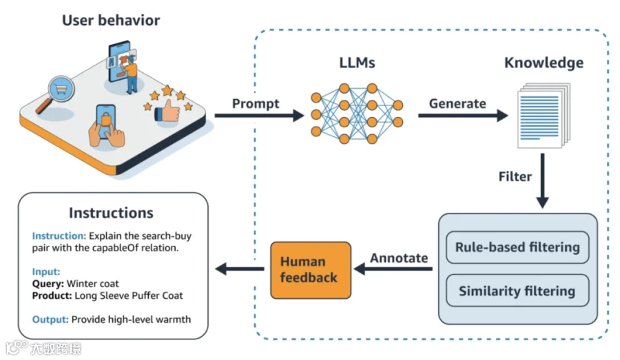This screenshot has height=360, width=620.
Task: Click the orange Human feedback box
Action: point(310,270)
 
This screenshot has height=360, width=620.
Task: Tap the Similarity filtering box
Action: point(517,290)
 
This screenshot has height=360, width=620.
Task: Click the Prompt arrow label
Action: point(256,104)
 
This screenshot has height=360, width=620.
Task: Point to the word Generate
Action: point(457,104)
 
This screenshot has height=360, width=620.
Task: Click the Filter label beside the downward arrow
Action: point(515,177)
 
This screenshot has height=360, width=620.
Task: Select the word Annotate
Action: point(399,258)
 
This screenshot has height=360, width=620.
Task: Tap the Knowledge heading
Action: point(544,63)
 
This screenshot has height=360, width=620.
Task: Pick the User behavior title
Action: point(111,20)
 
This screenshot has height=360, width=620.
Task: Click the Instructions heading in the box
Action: point(111,213)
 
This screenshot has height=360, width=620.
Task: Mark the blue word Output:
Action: point(50,319)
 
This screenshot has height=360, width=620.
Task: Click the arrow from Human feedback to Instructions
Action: point(241,270)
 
